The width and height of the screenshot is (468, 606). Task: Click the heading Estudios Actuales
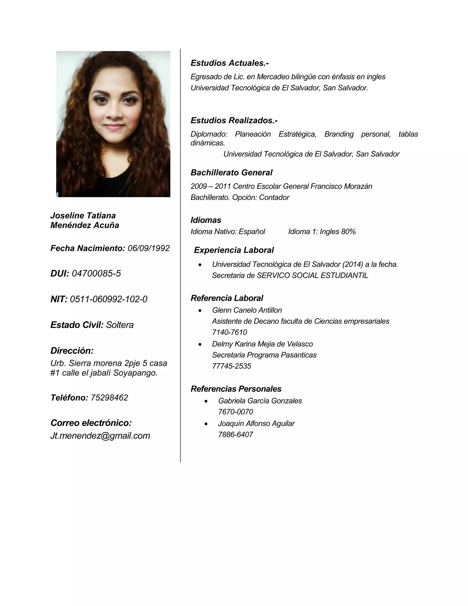230,63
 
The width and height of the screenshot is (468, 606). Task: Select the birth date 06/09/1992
149,248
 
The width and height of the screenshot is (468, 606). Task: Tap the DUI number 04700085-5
96,274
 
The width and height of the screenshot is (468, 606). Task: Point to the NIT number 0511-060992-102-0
108,299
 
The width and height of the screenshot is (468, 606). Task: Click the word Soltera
120,325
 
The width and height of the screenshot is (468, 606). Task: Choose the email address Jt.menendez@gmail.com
100,436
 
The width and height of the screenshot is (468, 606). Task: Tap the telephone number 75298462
109,398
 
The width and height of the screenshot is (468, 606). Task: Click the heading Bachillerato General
231,173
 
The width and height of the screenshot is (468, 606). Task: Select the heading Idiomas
206,220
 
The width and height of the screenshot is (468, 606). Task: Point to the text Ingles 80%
338,232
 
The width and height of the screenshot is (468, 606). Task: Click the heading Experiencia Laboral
234,250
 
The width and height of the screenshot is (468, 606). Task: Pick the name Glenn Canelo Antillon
247,310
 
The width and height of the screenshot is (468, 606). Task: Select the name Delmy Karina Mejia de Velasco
262,344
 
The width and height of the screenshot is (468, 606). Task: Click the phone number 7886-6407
235,434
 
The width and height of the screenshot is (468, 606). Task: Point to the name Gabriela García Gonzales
260,401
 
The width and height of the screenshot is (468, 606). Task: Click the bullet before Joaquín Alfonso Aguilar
206,424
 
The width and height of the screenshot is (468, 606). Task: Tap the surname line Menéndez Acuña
85,225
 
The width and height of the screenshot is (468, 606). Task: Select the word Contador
274,198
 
